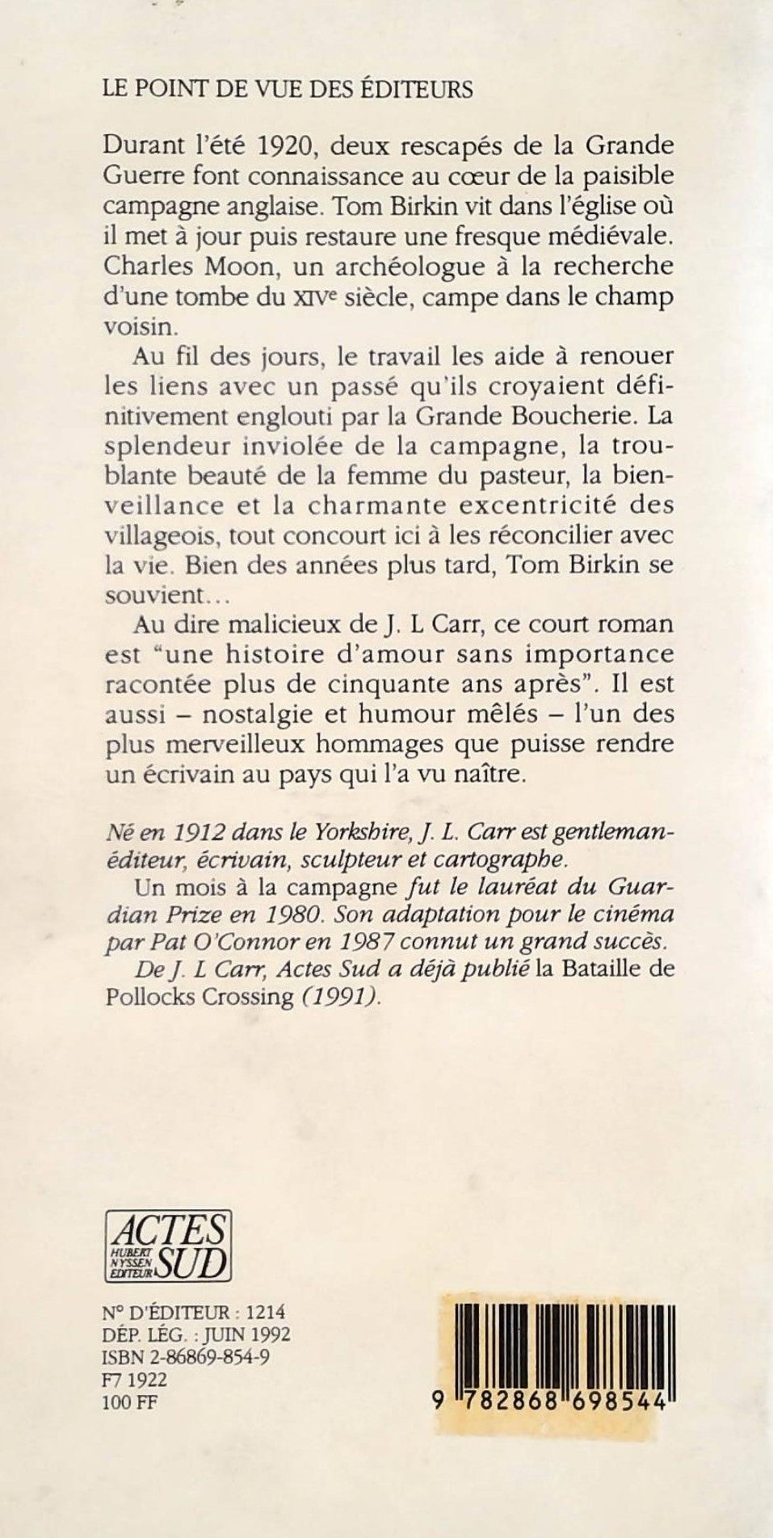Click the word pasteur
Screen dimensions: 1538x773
(x=510, y=475)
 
